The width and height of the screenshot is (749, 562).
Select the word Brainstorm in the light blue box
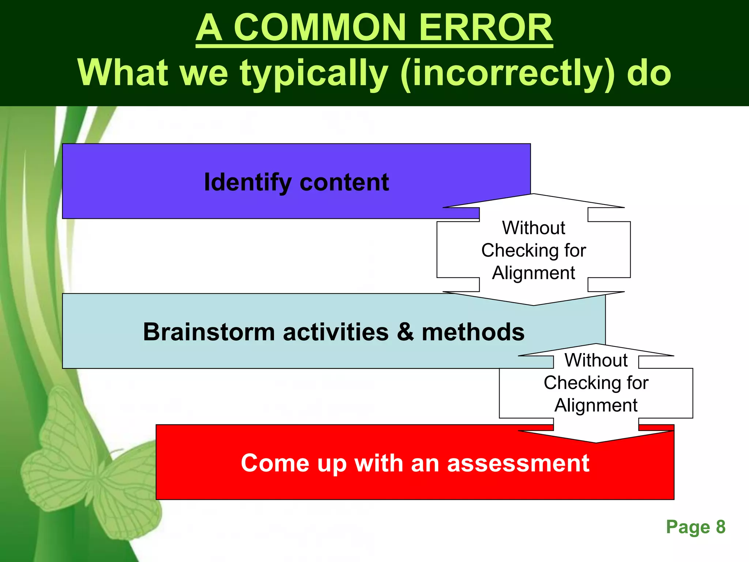(x=208, y=332)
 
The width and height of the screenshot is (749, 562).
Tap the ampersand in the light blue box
(x=405, y=332)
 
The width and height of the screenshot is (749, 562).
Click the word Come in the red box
(x=275, y=463)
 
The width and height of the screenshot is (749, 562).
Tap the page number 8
(x=720, y=527)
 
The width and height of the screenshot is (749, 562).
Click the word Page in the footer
(x=688, y=527)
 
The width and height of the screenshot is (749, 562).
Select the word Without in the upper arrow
(x=534, y=228)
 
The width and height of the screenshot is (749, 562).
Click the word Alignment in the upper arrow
(x=534, y=273)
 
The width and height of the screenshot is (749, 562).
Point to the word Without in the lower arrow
(x=596, y=360)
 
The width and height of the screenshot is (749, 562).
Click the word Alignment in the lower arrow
(x=596, y=405)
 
